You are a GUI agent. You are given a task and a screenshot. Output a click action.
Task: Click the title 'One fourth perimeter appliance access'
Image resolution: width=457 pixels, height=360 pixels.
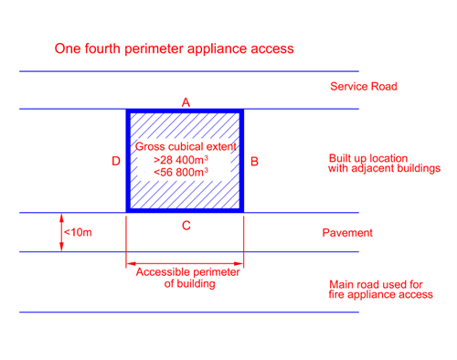pos(174,48)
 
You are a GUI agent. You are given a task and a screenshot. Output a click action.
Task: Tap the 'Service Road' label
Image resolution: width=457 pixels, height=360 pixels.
pos(364,87)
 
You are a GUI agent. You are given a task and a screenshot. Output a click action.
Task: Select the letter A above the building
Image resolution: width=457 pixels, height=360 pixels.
pos(186,102)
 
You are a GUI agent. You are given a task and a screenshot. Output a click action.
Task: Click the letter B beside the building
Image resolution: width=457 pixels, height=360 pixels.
pos(254,162)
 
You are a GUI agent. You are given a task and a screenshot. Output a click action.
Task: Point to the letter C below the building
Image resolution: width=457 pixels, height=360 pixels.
pos(186,226)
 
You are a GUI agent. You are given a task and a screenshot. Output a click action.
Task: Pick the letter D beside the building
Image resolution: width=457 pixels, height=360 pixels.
pos(116,161)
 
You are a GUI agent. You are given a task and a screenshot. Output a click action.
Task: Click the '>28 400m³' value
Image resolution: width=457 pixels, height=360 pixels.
pos(181,160)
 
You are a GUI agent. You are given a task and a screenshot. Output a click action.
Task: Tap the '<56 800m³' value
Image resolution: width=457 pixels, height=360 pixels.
pos(181,173)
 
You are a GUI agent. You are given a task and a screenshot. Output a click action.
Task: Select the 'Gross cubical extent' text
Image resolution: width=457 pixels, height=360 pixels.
pos(186,147)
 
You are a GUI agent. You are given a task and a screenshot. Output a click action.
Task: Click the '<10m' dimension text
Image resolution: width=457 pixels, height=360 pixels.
pos(78,233)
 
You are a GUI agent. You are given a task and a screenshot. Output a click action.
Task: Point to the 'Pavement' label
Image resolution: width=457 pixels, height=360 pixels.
pos(347,233)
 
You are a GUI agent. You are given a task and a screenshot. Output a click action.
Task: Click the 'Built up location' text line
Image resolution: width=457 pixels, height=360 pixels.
pos(368,158)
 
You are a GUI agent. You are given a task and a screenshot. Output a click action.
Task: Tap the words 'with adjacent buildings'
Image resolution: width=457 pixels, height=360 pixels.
pos(385,168)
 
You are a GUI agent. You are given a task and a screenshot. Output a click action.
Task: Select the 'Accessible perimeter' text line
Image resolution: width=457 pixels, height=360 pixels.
pos(187,272)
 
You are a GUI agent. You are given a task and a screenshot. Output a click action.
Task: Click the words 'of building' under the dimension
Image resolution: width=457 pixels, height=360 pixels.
pos(189,284)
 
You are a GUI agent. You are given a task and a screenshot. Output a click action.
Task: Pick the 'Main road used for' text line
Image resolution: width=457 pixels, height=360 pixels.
pos(376,285)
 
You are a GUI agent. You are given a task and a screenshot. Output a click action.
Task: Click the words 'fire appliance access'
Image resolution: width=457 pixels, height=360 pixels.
pos(381,294)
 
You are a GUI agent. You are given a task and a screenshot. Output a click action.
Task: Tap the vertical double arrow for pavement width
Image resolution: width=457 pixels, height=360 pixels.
pos(61,232)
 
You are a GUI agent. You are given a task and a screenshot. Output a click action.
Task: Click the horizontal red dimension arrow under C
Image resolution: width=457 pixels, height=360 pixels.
pos(185,263)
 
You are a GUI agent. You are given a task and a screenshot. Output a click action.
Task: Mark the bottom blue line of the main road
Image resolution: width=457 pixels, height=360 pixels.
pos(189,312)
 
